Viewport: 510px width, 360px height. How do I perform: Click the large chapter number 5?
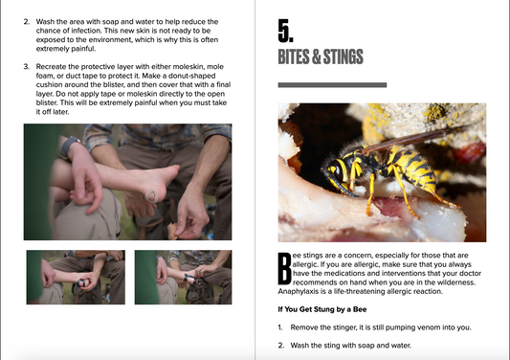coord(285,31)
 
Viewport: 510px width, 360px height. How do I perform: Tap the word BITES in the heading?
coord(294,56)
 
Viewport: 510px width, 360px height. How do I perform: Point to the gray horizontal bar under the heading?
coord(332,85)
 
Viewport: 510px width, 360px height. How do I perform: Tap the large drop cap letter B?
coord(284,268)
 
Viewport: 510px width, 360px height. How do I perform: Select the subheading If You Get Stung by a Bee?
coord(322,309)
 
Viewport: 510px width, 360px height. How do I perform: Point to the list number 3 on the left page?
coord(26,67)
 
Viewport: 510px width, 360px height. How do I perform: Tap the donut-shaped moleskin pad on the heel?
coord(152,196)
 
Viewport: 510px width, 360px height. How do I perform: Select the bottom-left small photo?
coord(76,278)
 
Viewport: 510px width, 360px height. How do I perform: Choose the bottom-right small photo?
coord(183,278)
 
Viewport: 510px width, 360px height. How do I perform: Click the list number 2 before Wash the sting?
coord(280,346)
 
